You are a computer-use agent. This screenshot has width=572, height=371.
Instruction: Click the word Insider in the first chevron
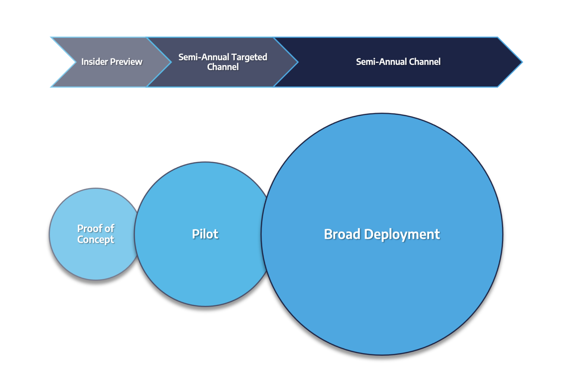click(95, 62)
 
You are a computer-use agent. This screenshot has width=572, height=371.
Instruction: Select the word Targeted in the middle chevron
click(249, 57)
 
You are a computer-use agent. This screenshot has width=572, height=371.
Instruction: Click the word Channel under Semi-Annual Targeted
click(223, 67)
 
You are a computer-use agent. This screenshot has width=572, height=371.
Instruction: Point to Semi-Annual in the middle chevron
click(204, 57)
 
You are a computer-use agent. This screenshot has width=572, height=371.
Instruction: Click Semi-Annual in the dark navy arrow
click(381, 62)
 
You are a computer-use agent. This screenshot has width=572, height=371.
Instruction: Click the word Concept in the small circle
click(96, 240)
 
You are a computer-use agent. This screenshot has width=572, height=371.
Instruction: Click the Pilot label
click(205, 234)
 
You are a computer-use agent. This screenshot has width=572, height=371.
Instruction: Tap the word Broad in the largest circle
click(342, 234)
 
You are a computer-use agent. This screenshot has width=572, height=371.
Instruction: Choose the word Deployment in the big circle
click(402, 234)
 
